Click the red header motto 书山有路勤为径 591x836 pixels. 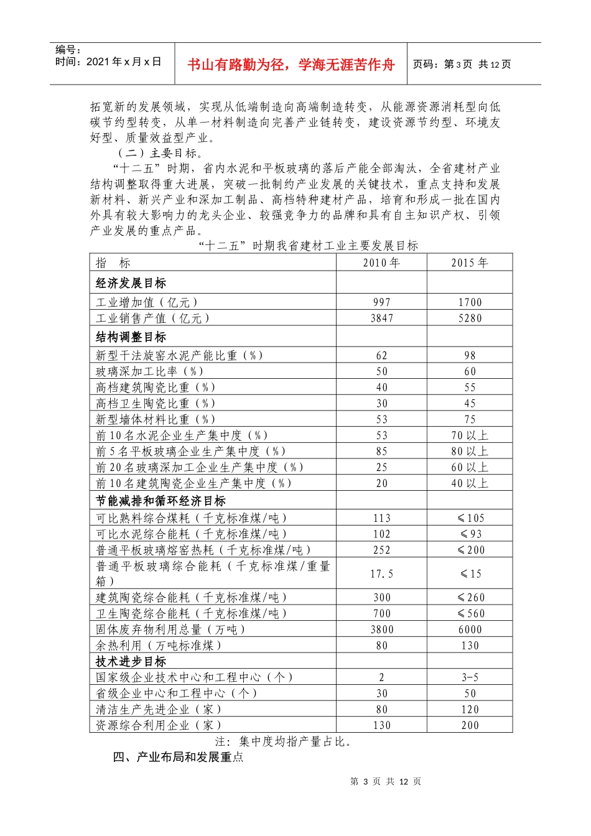tap(291, 65)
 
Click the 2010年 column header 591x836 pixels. tap(381, 263)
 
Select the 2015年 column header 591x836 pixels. tap(470, 263)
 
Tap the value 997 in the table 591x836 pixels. tap(381, 302)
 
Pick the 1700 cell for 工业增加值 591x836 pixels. tap(470, 302)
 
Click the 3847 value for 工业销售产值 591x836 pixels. tap(381, 318)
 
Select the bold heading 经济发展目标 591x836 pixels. tap(131, 284)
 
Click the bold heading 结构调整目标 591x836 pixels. tap(131, 337)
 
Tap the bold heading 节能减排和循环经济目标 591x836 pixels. tap(161, 501)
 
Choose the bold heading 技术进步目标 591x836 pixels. tap(131, 662)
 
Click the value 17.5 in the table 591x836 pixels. tap(381, 574)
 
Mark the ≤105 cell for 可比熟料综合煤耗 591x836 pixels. tap(470, 518)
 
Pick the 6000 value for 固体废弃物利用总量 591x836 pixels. tap(470, 629)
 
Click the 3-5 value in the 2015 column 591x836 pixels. tap(470, 677)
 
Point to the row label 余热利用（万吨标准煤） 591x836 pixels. tap(159, 646)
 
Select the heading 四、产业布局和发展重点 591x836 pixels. tap(178, 757)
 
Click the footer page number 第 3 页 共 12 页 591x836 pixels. tap(386, 781)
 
